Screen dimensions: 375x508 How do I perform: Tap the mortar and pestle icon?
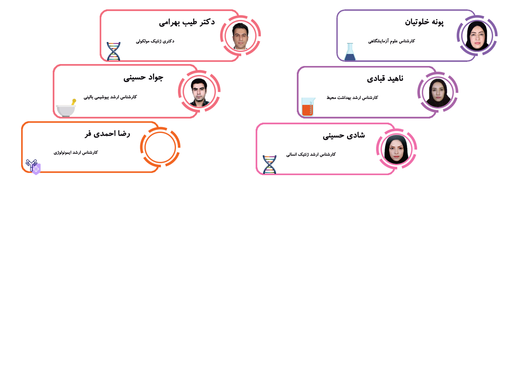coord(66,107)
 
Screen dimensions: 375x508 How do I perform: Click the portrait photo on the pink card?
coord(396,149)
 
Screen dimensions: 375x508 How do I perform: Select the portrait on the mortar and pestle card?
coord(199,92)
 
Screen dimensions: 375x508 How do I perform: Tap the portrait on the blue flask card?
coord(477,36)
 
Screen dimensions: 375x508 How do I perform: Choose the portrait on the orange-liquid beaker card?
coord(438,93)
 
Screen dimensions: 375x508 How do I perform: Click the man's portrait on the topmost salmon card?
coord(240,36)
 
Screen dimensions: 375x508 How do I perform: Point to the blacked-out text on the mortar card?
coord(124,91)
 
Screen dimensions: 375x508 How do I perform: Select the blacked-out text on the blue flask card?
coord(404,34)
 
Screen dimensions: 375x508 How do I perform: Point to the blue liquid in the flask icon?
coord(350,57)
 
